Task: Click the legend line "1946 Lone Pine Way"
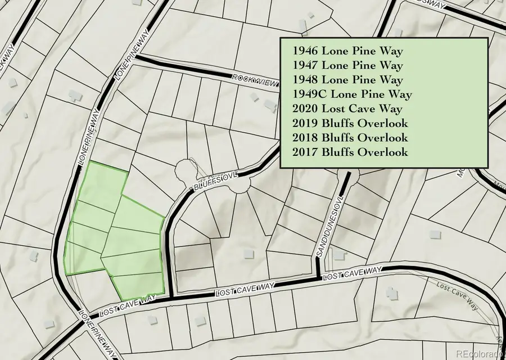(x=347, y=51)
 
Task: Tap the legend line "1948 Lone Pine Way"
(x=347, y=80)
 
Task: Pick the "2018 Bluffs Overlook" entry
(x=350, y=138)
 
